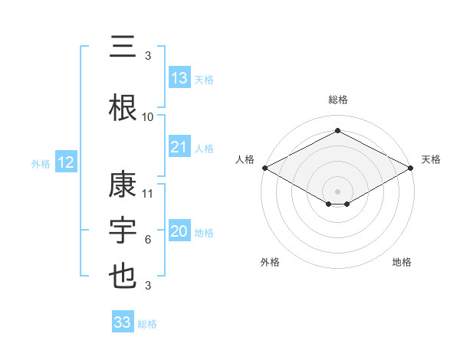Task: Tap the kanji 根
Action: [x=123, y=106]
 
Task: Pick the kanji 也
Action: [x=123, y=277]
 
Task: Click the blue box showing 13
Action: [x=179, y=78]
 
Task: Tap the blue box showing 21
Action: [x=179, y=147]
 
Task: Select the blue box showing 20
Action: [x=179, y=232]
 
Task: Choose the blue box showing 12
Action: [x=65, y=162]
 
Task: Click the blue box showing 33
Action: [x=123, y=322]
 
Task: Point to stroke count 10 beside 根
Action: [x=148, y=117]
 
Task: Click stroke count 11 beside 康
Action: [x=148, y=194]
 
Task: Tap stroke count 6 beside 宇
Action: [x=148, y=240]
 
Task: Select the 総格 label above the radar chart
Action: [x=337, y=100]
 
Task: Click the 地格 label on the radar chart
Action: [x=402, y=263]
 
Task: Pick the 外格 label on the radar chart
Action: [x=270, y=263]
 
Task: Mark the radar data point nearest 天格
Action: [x=411, y=168]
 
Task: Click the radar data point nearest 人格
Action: [x=264, y=168]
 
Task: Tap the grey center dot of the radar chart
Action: [x=337, y=191]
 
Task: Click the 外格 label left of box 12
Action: [x=41, y=163]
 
